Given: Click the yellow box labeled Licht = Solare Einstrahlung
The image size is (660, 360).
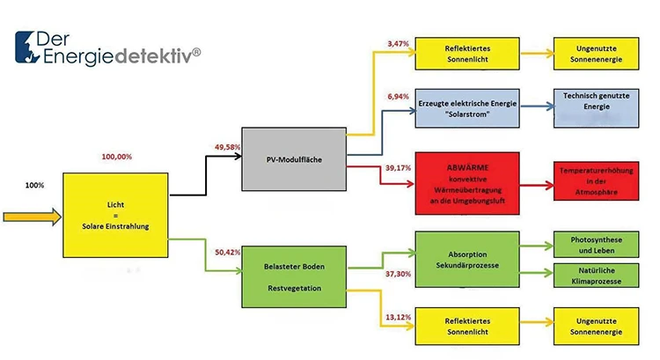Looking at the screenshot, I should [x=116, y=217].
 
